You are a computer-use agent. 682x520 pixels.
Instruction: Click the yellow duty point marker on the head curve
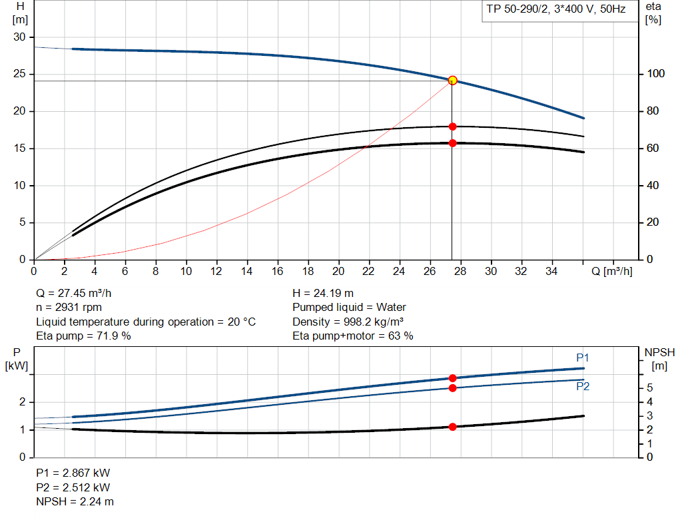[x=453, y=80]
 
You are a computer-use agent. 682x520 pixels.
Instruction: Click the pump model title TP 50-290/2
[x=554, y=11]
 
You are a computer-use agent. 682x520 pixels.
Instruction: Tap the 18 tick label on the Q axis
[x=308, y=271]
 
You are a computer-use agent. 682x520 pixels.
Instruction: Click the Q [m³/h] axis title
[x=611, y=271]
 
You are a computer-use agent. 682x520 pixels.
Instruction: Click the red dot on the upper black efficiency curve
[x=453, y=127]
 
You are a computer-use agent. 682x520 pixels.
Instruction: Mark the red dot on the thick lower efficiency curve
[x=453, y=143]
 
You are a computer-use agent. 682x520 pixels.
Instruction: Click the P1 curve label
[x=582, y=358]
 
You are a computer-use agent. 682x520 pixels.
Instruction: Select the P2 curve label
[x=582, y=386]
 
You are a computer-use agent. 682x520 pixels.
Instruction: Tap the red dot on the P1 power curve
[x=453, y=378]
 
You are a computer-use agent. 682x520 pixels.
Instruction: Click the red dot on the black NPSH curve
[x=453, y=427]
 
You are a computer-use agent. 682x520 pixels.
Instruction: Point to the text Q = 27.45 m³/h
[x=79, y=293]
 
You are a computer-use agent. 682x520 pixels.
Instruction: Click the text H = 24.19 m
[x=323, y=293]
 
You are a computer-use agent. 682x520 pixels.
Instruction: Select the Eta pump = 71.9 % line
[x=83, y=336]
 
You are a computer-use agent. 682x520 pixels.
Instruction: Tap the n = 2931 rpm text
[x=69, y=308]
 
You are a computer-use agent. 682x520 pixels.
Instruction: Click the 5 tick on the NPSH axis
[x=650, y=388]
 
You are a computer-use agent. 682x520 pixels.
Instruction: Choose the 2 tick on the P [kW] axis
[x=22, y=402]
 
